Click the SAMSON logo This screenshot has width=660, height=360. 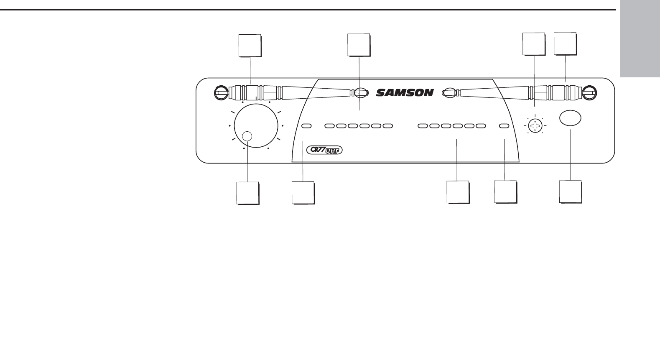405,92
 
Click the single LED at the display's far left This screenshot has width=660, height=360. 306,125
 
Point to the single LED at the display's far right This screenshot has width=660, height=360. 504,125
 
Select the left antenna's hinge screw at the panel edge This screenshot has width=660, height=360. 220,92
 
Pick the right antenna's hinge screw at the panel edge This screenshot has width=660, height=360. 590,92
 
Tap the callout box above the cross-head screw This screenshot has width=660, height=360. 534,43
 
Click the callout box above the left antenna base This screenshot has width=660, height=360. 250,46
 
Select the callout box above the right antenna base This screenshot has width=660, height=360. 565,43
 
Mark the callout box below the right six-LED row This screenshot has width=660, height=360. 458,192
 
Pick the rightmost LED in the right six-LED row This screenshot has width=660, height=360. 481,125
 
